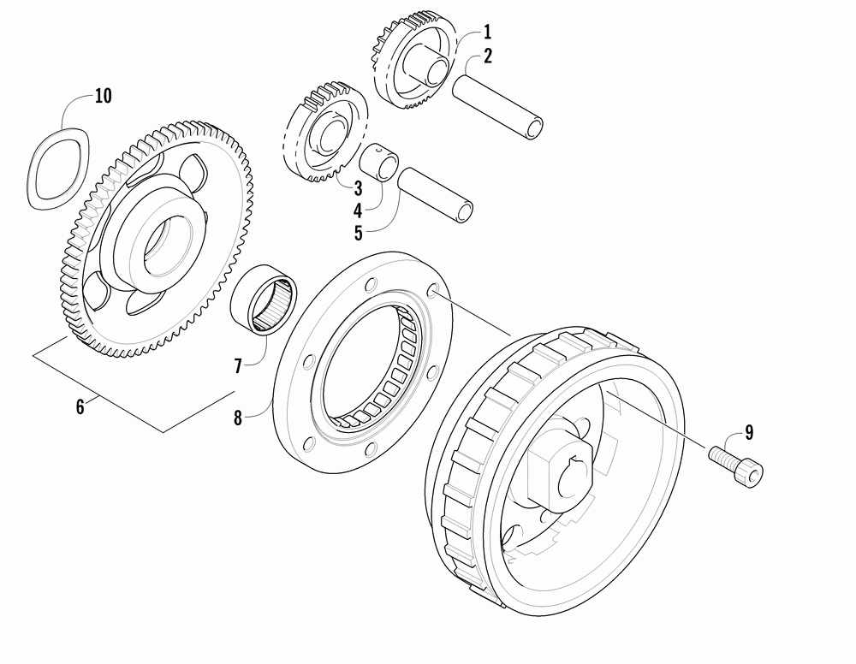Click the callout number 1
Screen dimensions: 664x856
click(487, 33)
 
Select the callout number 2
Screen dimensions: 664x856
click(487, 57)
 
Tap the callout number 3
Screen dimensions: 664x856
click(359, 187)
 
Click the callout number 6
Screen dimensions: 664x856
click(80, 406)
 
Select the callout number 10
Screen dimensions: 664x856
click(103, 96)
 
